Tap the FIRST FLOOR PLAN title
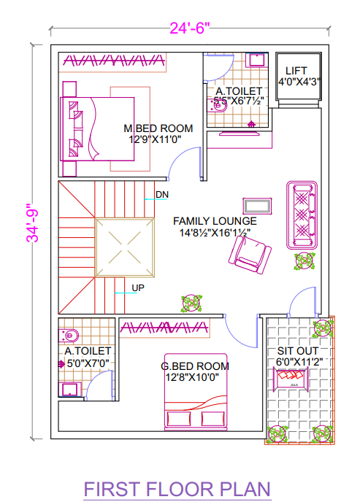coord(177,488)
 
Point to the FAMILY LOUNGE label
coord(214,220)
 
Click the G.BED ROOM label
coord(195,366)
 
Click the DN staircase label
coord(161,195)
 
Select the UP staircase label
coord(137,287)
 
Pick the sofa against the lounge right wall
coord(301,215)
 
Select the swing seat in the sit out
coord(295,378)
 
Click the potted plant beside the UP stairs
coord(192,304)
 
